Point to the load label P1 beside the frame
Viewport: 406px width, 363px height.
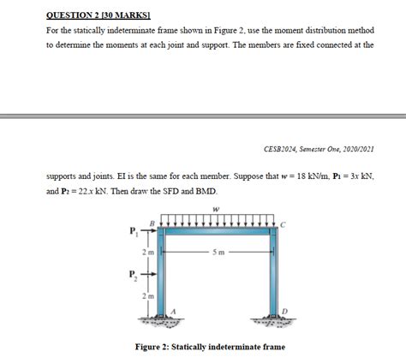point(132,230)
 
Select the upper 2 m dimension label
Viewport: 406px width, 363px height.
point(149,252)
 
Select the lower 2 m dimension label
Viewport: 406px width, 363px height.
point(149,295)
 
